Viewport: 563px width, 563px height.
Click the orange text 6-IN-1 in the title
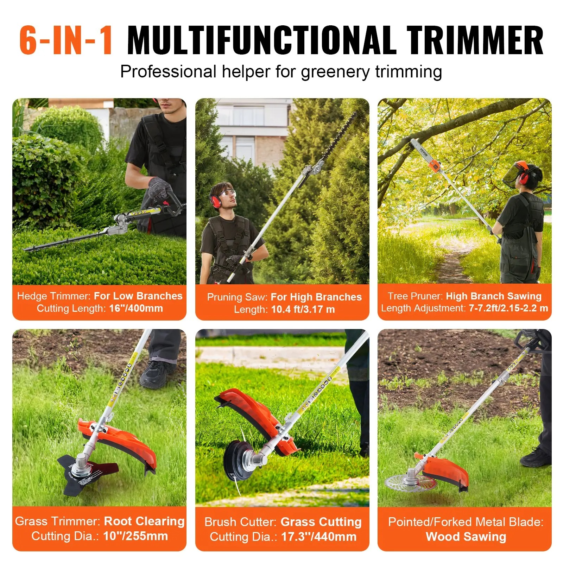click(x=66, y=40)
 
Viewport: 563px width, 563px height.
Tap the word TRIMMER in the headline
click(x=475, y=40)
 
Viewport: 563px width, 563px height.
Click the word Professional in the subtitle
click(x=168, y=71)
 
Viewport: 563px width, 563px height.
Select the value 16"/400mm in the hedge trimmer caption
click(x=136, y=308)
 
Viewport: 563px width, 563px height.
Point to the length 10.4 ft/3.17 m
click(x=303, y=309)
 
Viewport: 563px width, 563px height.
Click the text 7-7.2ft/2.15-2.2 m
click(x=508, y=308)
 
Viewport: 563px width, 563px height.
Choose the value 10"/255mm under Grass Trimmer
click(x=135, y=536)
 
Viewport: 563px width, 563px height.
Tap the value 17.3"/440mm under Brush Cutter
click(x=318, y=537)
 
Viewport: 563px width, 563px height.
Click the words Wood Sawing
click(x=466, y=537)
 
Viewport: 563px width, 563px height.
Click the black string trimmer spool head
click(x=239, y=461)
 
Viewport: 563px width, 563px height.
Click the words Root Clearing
click(x=144, y=521)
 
